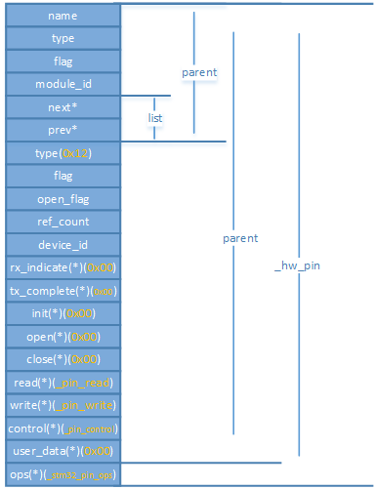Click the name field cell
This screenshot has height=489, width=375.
click(62, 17)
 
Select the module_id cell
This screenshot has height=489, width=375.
click(62, 85)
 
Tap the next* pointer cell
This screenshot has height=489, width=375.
click(62, 107)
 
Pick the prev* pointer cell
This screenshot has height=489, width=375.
click(62, 130)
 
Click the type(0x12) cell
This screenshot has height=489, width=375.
click(62, 153)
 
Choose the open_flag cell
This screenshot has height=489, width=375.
click(62, 199)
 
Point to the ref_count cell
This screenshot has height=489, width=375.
click(62, 222)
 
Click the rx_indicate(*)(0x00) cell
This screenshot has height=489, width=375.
click(62, 267)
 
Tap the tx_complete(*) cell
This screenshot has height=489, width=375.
click(62, 291)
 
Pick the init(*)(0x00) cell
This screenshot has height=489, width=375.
click(62, 313)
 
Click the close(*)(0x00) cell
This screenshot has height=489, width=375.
click(62, 359)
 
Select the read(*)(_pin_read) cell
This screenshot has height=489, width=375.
click(62, 382)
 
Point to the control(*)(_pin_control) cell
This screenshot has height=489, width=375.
click(62, 428)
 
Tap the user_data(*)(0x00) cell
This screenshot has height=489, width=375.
click(62, 451)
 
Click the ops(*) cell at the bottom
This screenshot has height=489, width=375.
click(62, 473)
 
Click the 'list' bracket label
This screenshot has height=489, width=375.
click(154, 117)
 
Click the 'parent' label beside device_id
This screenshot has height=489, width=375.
click(240, 238)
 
